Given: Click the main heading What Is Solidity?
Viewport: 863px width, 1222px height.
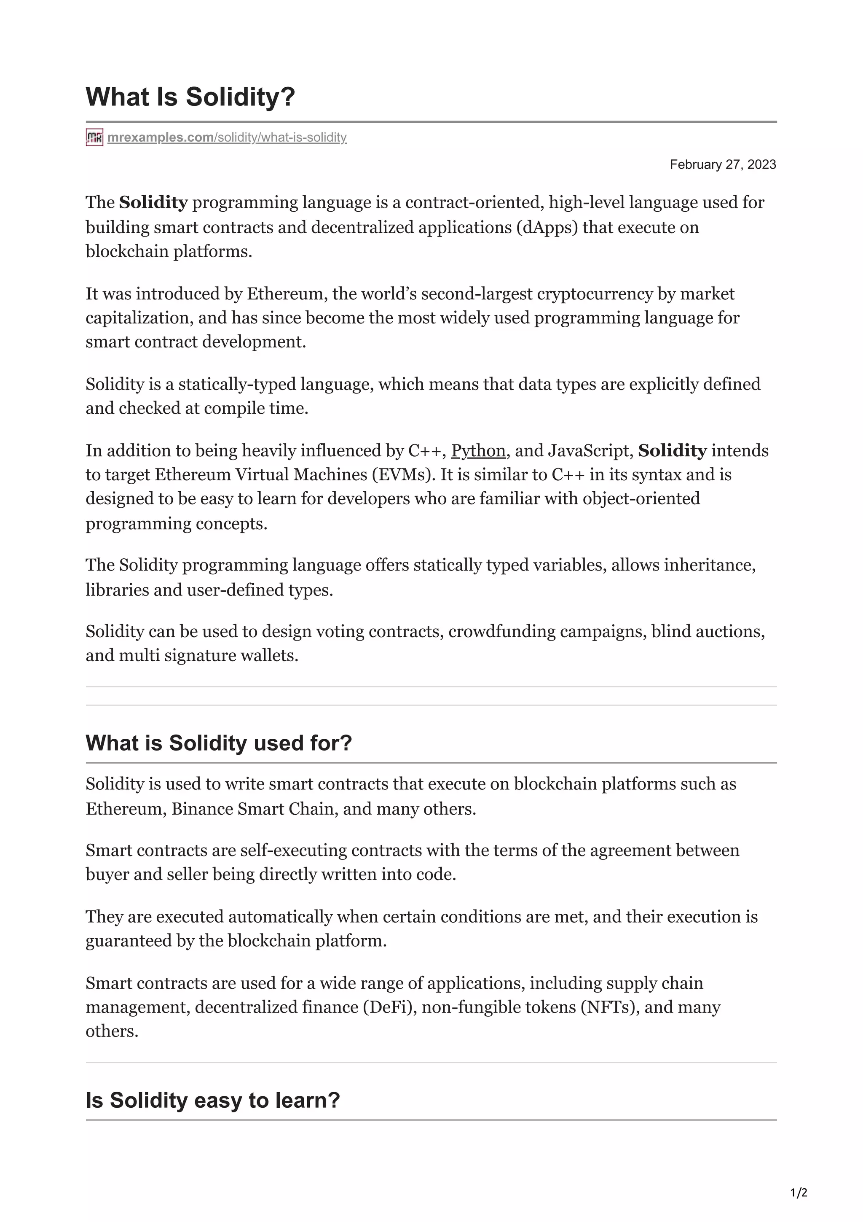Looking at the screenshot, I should click(x=190, y=97).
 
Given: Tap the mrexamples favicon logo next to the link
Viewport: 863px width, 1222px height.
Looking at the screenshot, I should click(x=94, y=137).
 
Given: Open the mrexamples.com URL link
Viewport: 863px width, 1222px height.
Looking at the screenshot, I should click(x=227, y=137).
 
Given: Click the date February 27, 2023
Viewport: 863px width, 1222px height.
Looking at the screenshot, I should click(x=722, y=164).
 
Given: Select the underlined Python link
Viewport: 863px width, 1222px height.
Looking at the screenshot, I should click(x=478, y=451).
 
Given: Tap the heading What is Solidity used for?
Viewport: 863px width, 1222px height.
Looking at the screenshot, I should click(x=219, y=743).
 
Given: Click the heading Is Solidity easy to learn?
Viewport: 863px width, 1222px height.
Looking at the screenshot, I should click(x=212, y=1100).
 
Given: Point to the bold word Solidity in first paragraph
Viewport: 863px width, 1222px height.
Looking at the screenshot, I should click(x=153, y=203).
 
